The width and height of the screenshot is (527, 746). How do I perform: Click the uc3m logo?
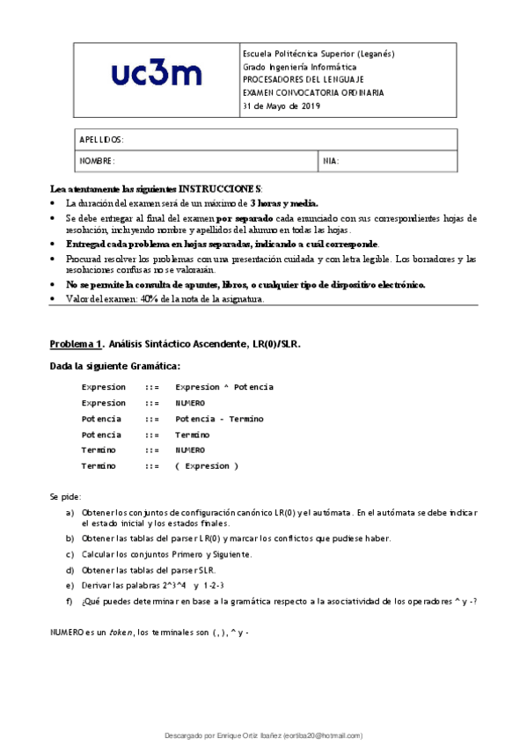coord(157,77)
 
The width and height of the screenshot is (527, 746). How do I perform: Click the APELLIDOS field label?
coord(101,140)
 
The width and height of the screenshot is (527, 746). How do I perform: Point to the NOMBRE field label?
coord(97,161)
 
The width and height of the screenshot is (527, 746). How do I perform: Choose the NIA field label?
coord(331,161)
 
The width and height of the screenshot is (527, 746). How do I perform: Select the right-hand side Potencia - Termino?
coord(219,419)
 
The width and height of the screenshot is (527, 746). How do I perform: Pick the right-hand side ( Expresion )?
coord(207,466)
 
